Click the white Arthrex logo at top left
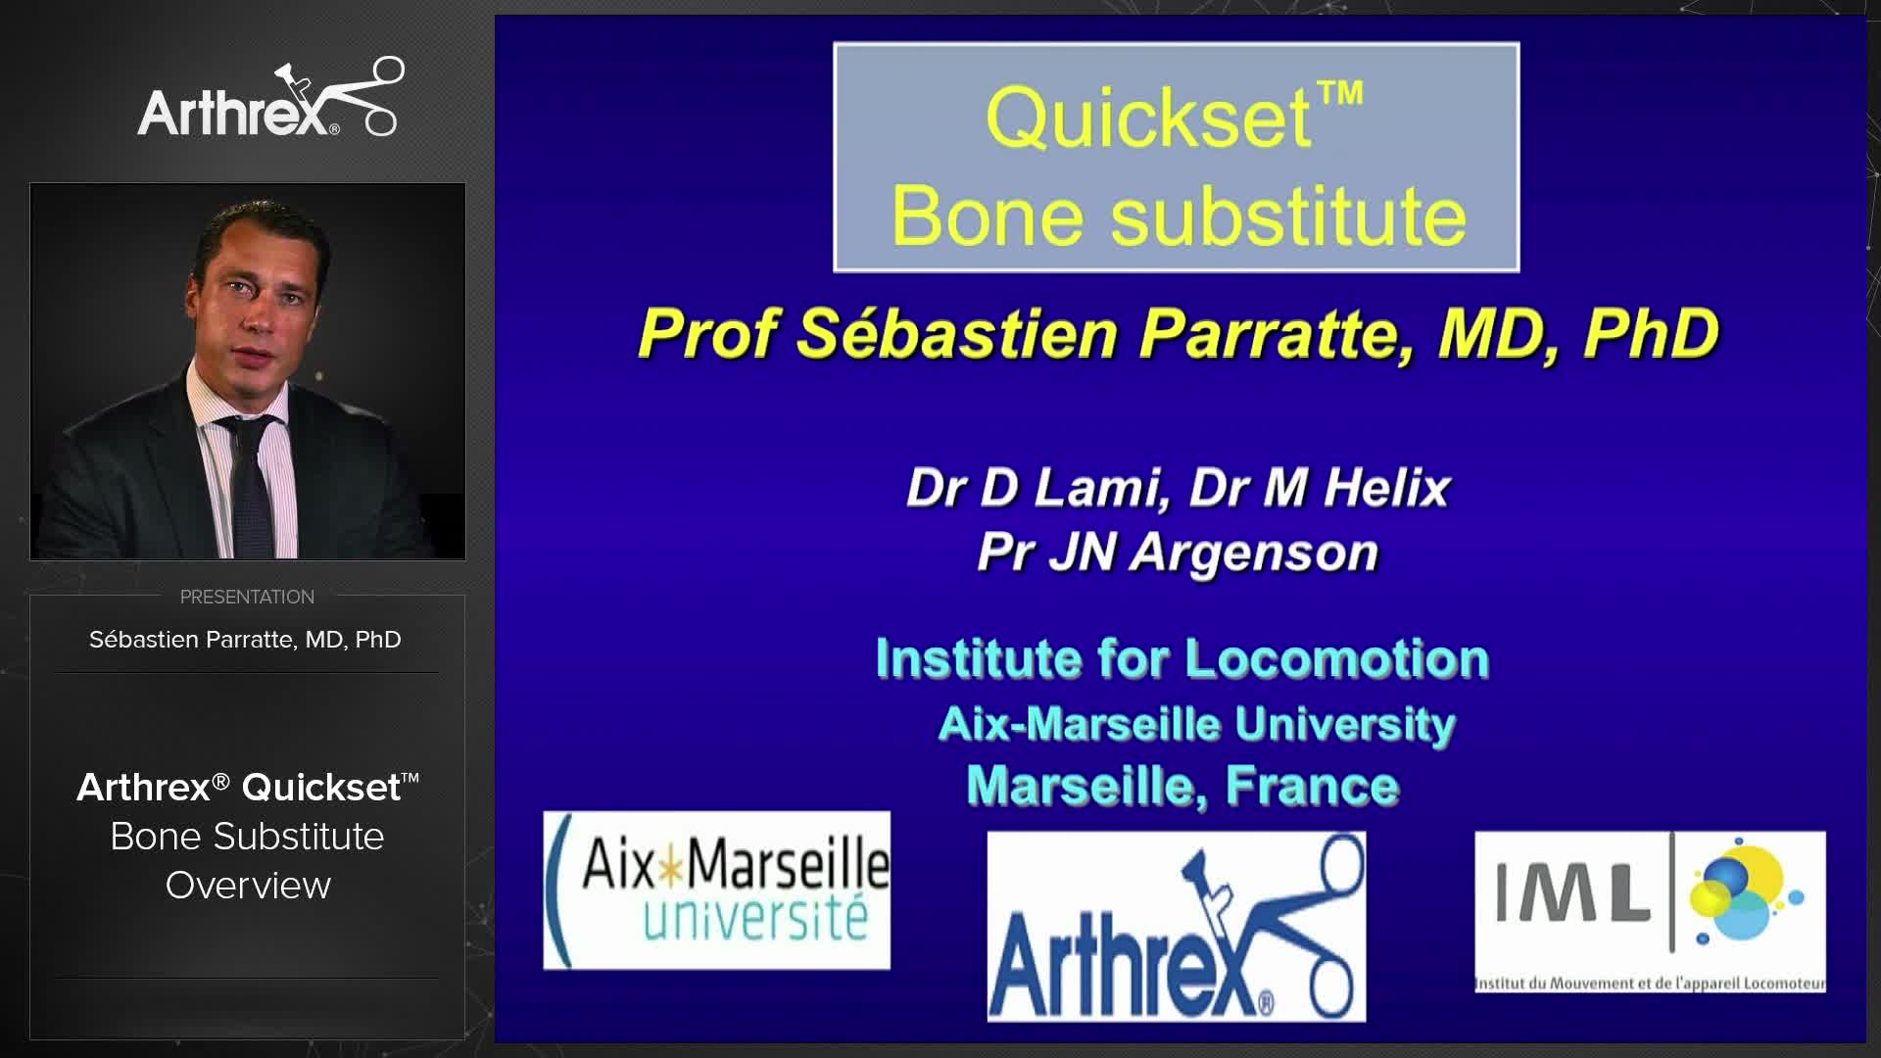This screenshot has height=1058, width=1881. click(x=269, y=100)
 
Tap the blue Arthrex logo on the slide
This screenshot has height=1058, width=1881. click(x=1176, y=927)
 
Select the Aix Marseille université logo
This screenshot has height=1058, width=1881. click(x=717, y=890)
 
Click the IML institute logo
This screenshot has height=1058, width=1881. click(x=1650, y=911)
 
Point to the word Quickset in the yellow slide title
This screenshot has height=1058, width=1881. click(x=1148, y=118)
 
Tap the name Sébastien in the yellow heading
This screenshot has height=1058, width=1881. click(x=956, y=334)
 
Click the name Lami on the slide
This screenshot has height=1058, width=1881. click(x=1101, y=488)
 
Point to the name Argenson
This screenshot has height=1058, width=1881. click(x=1255, y=553)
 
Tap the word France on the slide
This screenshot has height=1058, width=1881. click(x=1312, y=786)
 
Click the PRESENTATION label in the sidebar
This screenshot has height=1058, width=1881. click(x=247, y=597)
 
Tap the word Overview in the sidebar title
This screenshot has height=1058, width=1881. click(x=248, y=886)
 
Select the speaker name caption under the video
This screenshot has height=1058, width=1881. click(x=245, y=640)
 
